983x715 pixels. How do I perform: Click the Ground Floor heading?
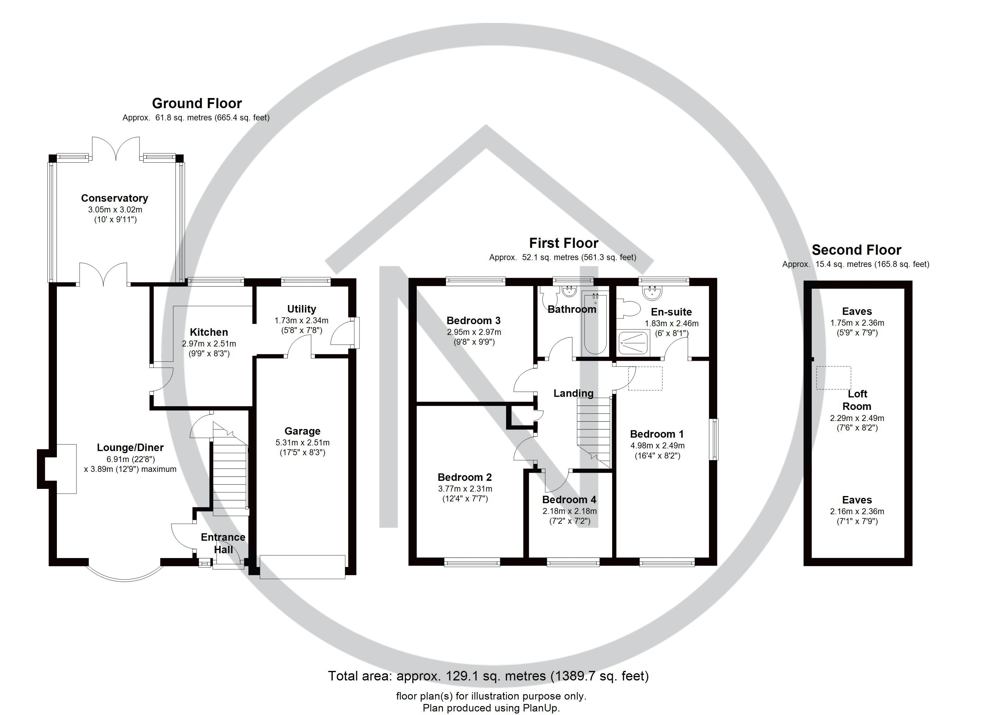(x=197, y=103)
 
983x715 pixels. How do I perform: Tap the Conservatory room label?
(x=114, y=198)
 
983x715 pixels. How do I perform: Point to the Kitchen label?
(x=209, y=332)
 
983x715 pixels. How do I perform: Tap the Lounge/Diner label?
(x=130, y=447)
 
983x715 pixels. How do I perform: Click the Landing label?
(x=573, y=393)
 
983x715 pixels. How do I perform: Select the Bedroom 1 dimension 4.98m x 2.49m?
(x=657, y=445)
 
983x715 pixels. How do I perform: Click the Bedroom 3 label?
(x=473, y=321)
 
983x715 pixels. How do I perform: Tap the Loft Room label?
(x=857, y=400)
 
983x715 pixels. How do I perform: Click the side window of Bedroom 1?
(x=714, y=439)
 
